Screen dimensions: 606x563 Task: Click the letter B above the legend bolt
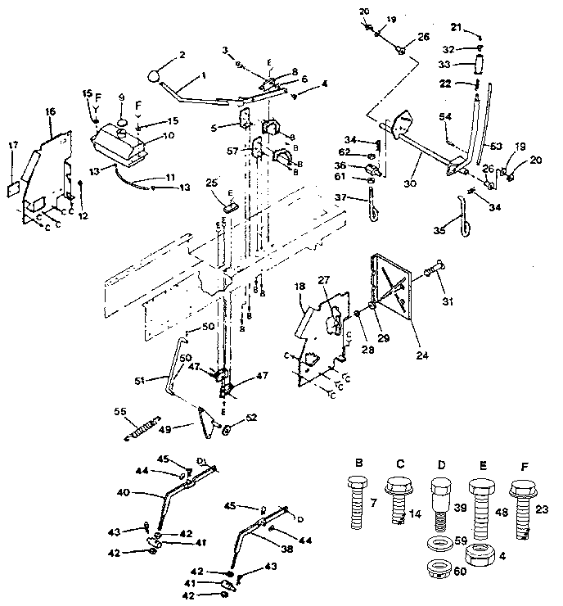click(x=358, y=463)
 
